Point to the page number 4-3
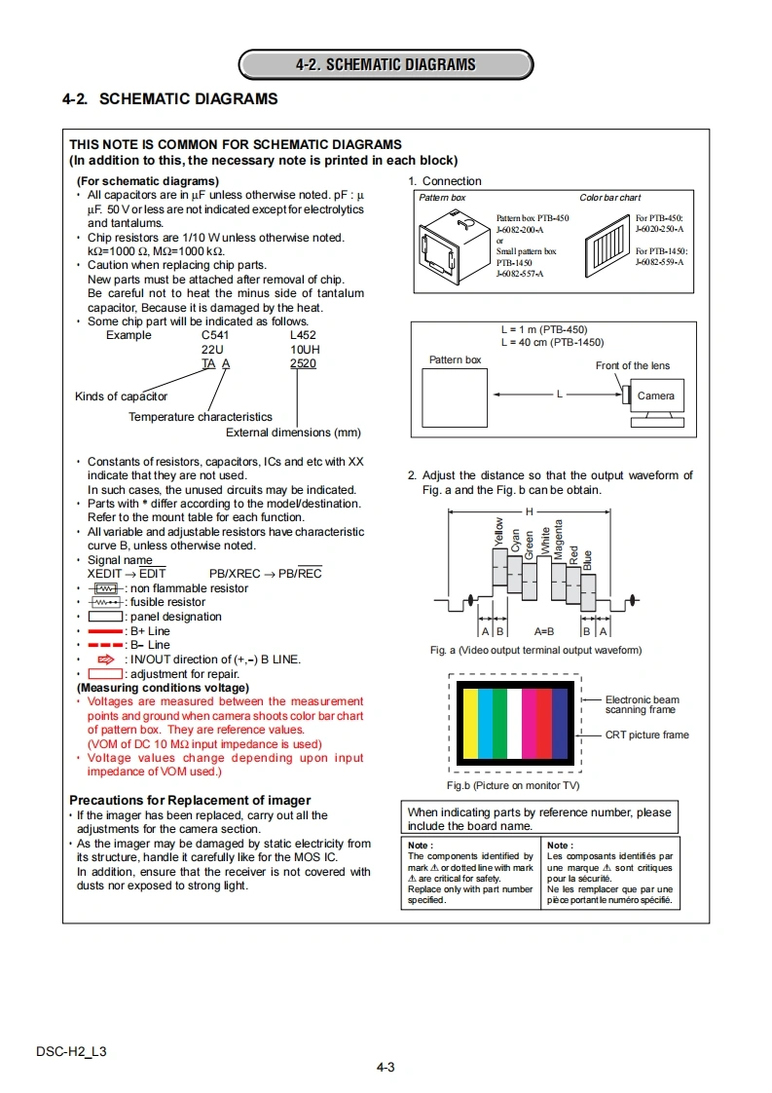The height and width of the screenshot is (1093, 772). tap(386, 1067)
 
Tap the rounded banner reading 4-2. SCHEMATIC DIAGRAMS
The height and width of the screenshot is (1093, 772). tap(386, 65)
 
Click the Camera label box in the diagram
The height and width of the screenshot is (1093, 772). tap(655, 396)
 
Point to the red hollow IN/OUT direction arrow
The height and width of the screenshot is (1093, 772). tap(106, 660)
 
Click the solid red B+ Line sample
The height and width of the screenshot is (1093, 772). tap(106, 631)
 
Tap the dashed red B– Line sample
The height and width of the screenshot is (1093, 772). tap(106, 645)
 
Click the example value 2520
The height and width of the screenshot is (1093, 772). tap(303, 363)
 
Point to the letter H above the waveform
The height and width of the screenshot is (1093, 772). tap(530, 511)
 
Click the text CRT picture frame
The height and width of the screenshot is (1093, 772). tap(646, 735)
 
